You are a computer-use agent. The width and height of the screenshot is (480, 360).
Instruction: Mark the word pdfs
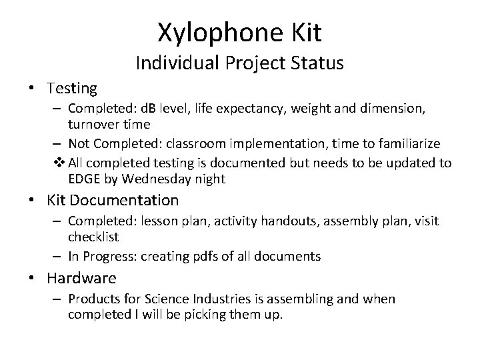(x=208, y=256)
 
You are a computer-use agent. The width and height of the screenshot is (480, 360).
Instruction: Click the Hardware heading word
(x=81, y=278)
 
